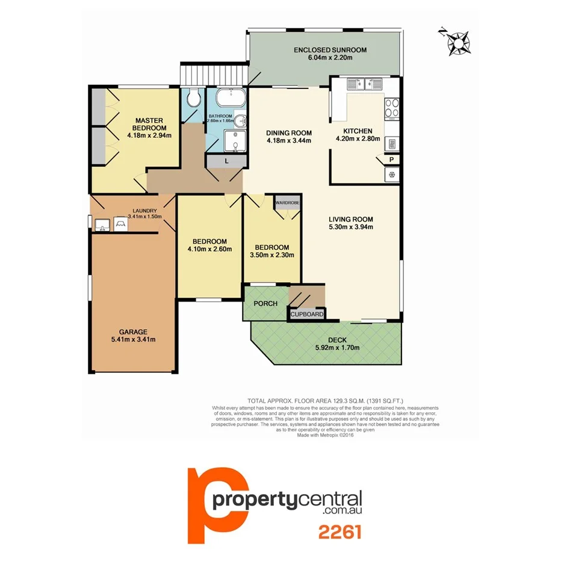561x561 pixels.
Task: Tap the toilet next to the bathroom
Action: coord(193,98)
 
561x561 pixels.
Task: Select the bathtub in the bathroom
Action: coord(228,96)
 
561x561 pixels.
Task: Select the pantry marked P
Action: coord(391,160)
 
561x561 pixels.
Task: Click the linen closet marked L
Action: coord(225,161)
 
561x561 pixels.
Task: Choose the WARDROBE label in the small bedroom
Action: coord(287,203)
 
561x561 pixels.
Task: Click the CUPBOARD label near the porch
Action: coord(308,314)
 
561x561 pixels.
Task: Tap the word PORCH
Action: coord(265,303)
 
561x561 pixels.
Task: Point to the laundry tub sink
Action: coord(101,225)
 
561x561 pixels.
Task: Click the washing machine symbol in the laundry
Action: coord(120,224)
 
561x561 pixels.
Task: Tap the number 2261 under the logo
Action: coord(339,532)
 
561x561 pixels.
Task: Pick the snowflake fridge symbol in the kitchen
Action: coord(392,175)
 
